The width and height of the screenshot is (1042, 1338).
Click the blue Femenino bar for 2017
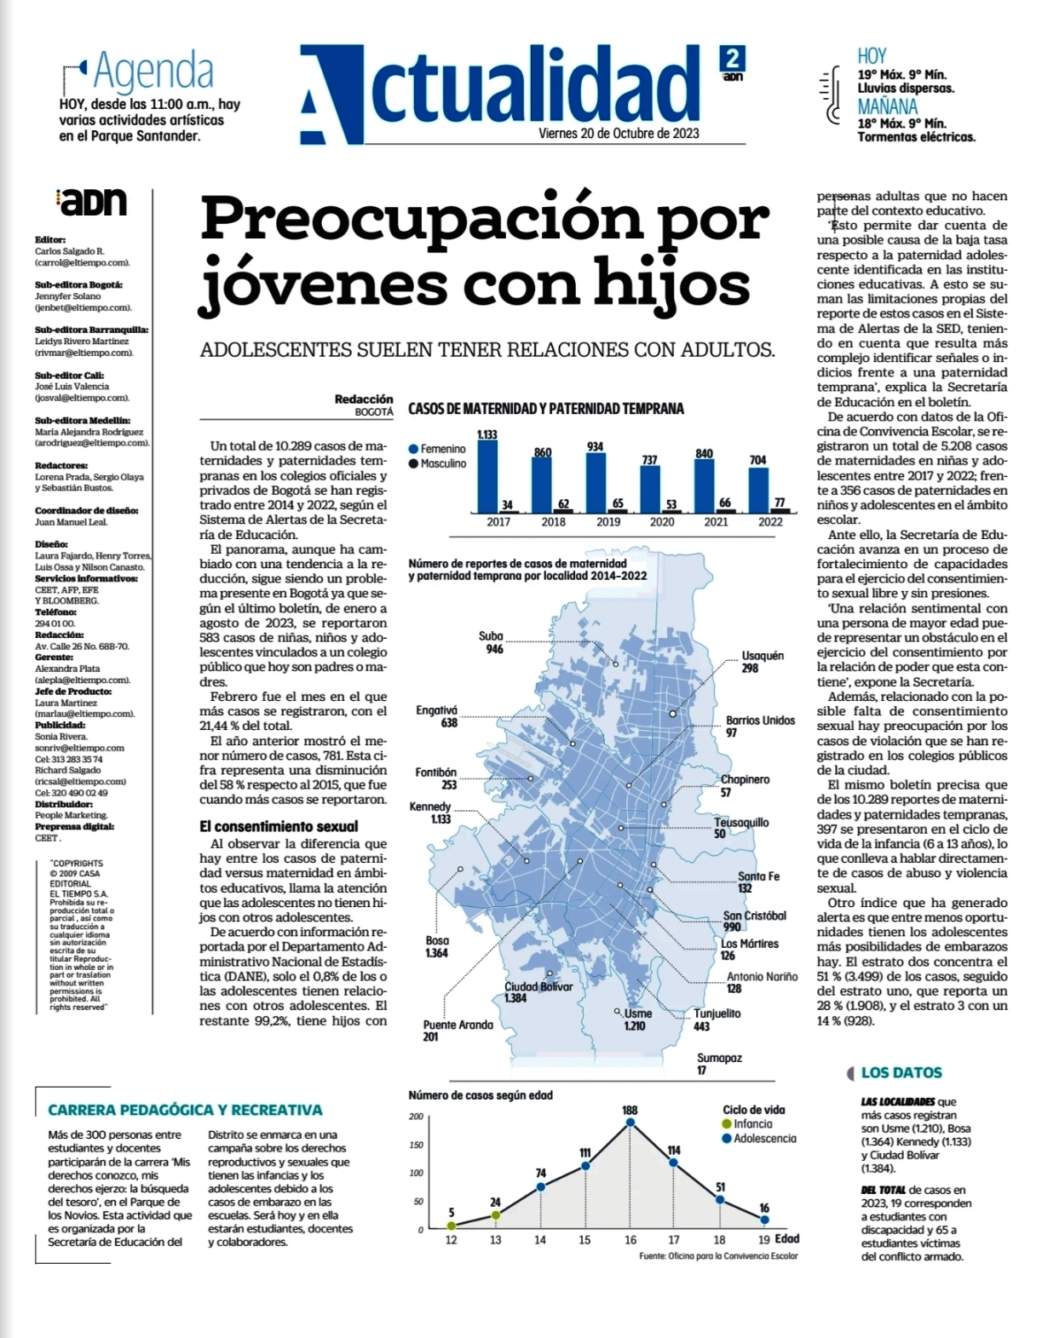[x=487, y=477]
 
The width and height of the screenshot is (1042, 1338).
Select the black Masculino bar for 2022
[x=780, y=510]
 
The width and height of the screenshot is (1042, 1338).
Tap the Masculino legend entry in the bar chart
[x=438, y=463]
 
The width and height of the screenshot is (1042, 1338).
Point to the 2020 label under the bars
[x=662, y=522]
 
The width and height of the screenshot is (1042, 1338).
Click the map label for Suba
[x=492, y=642]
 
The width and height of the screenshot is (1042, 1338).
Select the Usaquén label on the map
[x=763, y=662]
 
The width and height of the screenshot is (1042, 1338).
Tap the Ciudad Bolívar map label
[x=538, y=992]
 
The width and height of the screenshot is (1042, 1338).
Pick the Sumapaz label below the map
[x=719, y=1064]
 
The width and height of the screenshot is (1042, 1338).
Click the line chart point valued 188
[x=630, y=1123]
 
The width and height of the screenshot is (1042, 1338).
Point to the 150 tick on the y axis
[x=417, y=1146]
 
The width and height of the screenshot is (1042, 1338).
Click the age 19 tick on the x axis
[x=764, y=1240]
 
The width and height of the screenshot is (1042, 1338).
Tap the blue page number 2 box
[x=732, y=59]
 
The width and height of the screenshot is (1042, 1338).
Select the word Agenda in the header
[x=153, y=72]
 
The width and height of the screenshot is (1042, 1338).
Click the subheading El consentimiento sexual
[x=279, y=826]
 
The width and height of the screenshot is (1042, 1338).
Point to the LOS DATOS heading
[x=901, y=1072]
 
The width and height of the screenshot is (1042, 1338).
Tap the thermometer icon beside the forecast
[x=832, y=95]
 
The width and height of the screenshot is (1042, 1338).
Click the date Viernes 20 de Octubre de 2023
[x=619, y=133]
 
